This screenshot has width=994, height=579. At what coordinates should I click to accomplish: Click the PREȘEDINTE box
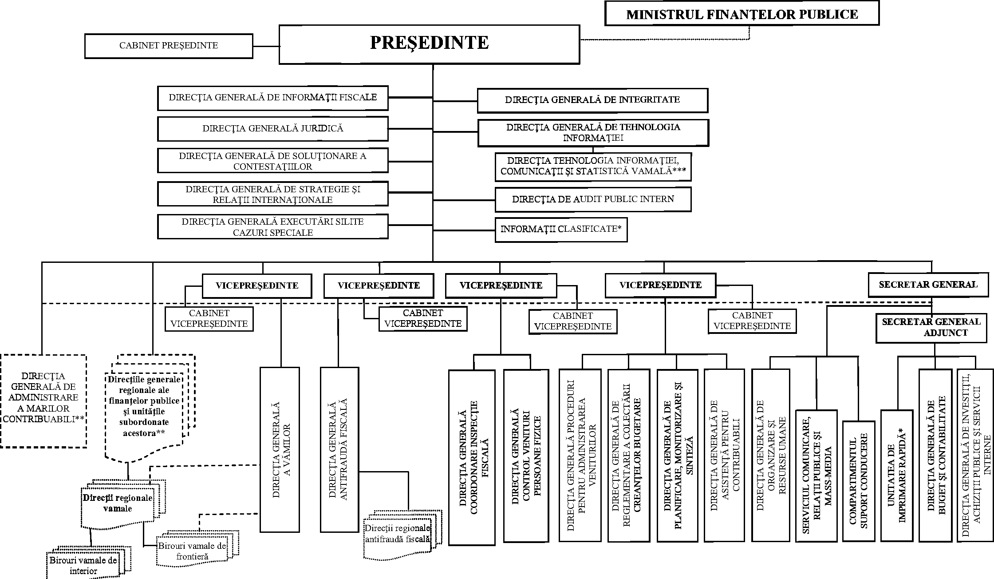click(x=429, y=44)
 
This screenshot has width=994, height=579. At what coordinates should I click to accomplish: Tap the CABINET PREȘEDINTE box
click(x=169, y=46)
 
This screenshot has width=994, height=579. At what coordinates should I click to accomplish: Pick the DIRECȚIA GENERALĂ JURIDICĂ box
click(x=272, y=129)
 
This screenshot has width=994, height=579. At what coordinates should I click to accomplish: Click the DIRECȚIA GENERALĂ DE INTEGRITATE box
click(x=592, y=100)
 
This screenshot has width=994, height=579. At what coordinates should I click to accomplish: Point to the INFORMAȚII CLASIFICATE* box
click(x=561, y=230)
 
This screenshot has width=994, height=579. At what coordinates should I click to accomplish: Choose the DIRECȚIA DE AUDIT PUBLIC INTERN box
click(x=593, y=199)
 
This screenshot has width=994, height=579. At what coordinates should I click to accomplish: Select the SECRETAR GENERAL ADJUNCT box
click(x=931, y=328)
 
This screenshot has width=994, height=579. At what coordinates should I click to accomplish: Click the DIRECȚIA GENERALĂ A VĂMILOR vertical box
click(x=280, y=449)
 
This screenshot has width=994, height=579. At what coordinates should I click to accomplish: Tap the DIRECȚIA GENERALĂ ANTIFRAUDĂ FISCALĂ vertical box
click(x=339, y=449)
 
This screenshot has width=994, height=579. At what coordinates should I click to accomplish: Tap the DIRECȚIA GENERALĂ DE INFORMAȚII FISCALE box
click(x=272, y=98)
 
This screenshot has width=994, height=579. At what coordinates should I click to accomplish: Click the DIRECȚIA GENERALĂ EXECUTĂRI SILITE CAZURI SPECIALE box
click(x=272, y=227)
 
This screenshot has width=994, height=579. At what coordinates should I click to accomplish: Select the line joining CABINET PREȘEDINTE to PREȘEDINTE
click(x=266, y=46)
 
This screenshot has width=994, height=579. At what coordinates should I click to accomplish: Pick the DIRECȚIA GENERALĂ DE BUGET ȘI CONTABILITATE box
click(x=935, y=455)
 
